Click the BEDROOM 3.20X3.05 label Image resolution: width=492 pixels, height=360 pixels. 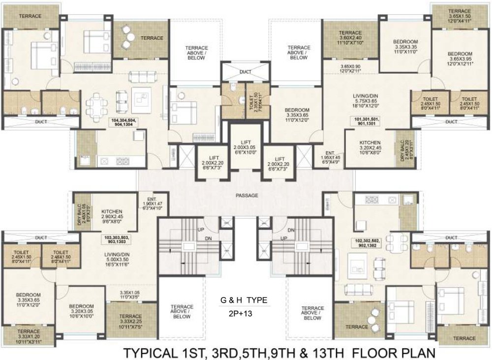[81, 311]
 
